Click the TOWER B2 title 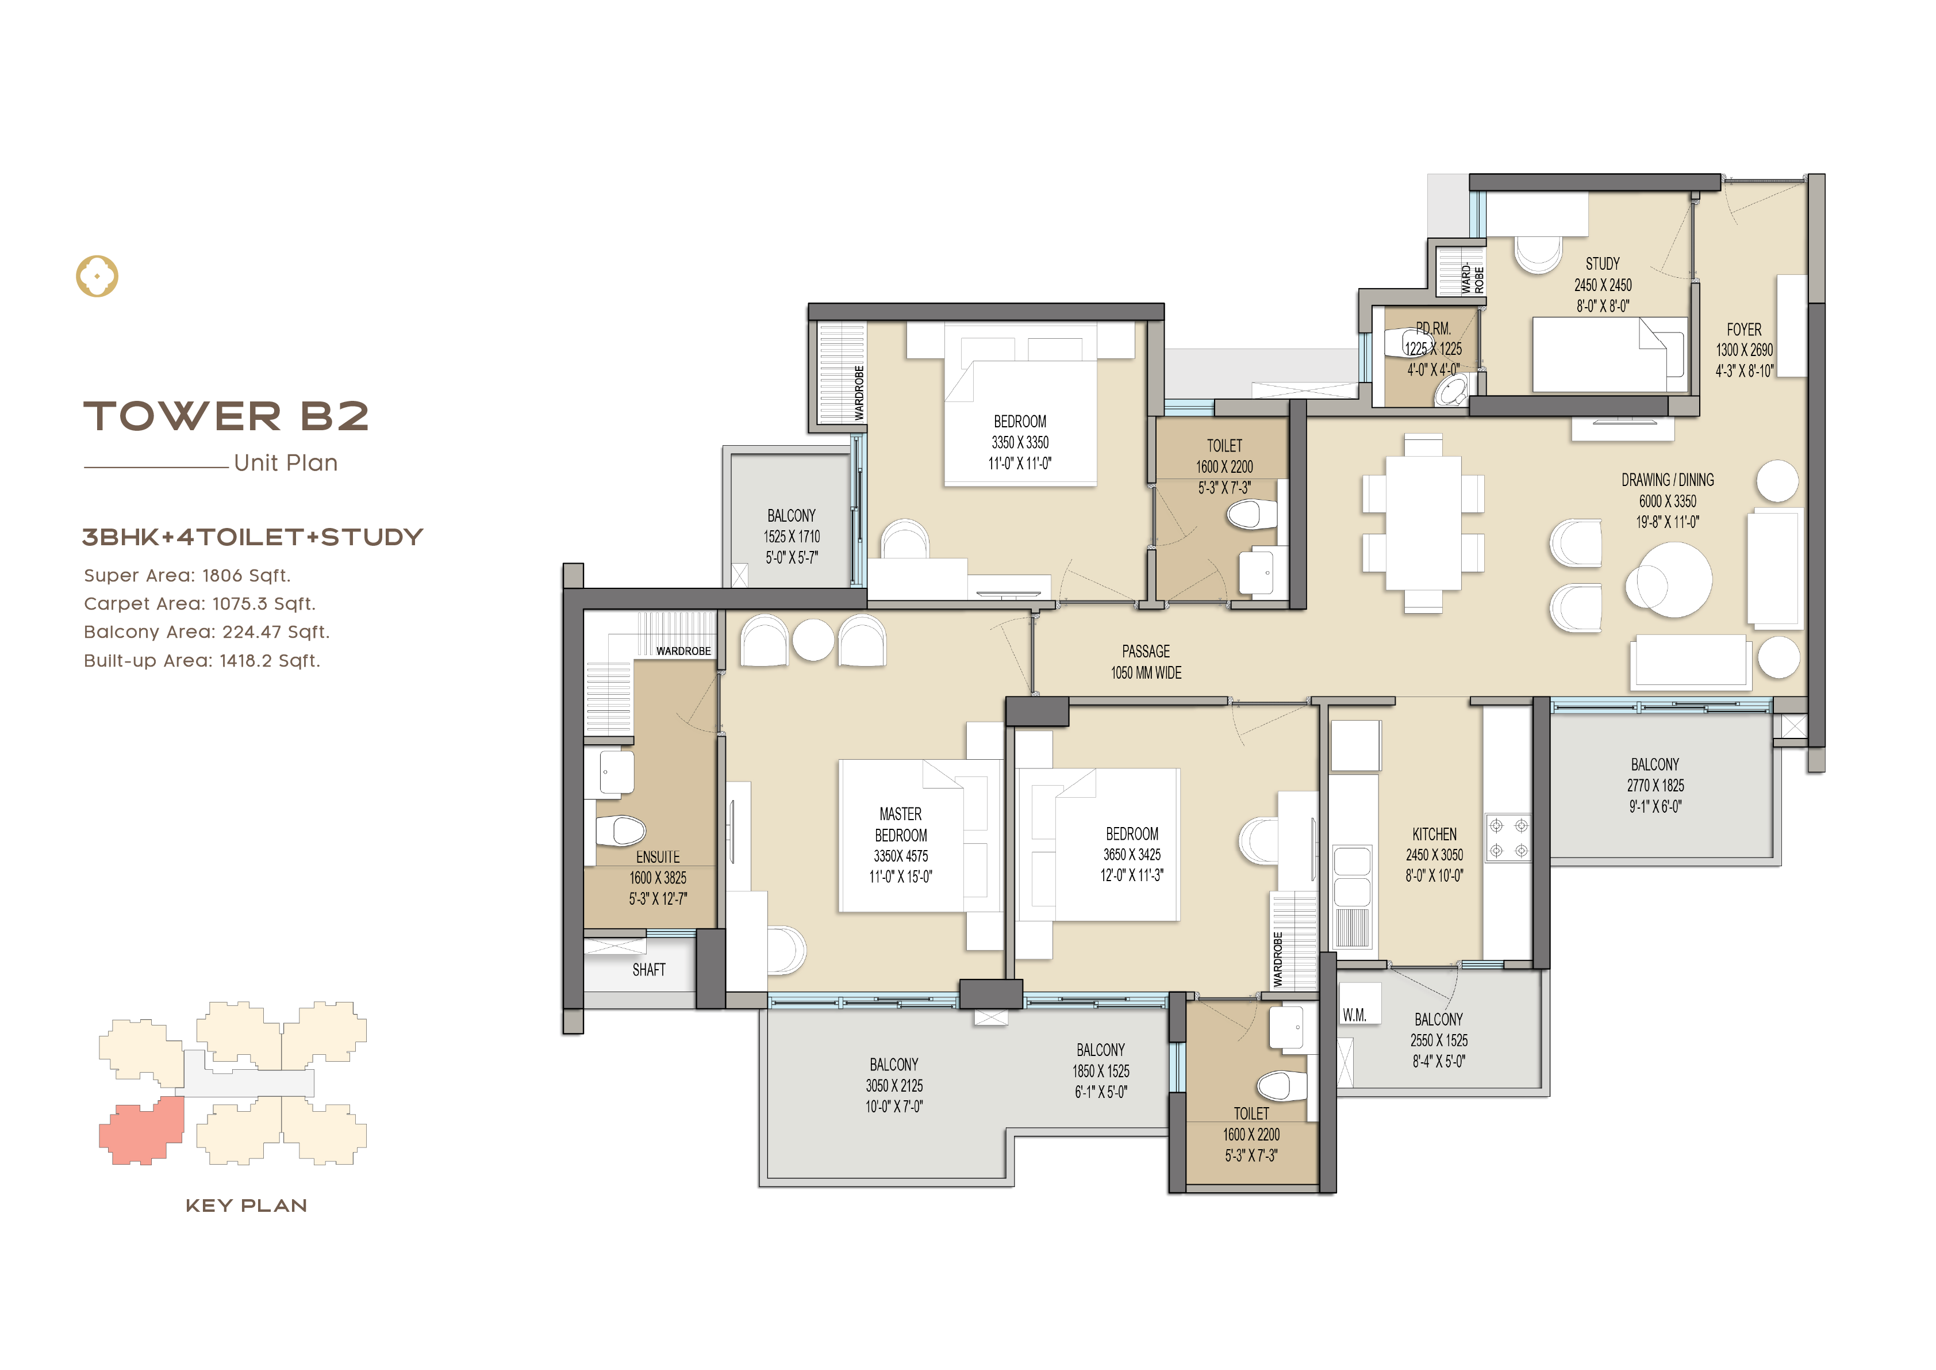[x=226, y=416]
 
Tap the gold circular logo [x=97, y=276]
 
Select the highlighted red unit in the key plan [x=141, y=1130]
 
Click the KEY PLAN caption [x=246, y=1206]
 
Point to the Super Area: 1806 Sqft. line [x=187, y=575]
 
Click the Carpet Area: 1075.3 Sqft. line [x=200, y=604]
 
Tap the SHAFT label [x=648, y=970]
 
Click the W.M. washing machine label [x=1355, y=1015]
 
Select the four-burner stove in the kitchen [x=1508, y=837]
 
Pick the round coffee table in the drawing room [x=1669, y=580]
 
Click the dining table [x=1423, y=523]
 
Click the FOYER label [x=1744, y=330]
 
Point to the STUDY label [x=1603, y=263]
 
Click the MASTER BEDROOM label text [x=901, y=825]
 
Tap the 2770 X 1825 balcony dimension [x=1655, y=786]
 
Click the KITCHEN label [x=1434, y=833]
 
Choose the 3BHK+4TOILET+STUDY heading [x=253, y=537]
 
